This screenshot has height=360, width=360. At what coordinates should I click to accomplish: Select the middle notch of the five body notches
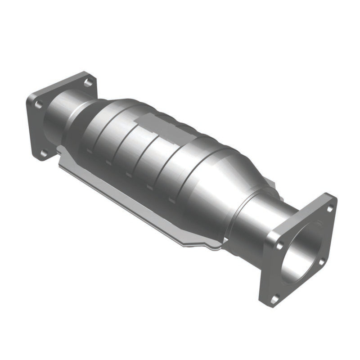(x=129, y=174)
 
